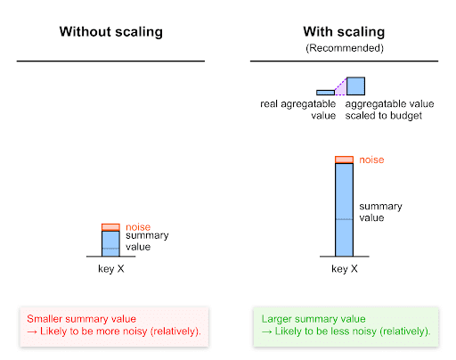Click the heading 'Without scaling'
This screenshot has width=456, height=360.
click(x=110, y=32)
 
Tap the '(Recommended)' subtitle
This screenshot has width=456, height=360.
click(x=343, y=46)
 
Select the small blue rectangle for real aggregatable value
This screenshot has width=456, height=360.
click(x=324, y=92)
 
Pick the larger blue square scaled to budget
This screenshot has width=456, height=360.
click(x=355, y=86)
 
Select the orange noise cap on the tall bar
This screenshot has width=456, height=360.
click(x=344, y=160)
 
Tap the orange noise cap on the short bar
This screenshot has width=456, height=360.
click(x=110, y=227)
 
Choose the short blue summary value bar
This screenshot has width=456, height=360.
click(x=110, y=243)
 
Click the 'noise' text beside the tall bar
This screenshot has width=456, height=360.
click(x=371, y=160)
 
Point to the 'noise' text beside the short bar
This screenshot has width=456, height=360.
click(x=138, y=226)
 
